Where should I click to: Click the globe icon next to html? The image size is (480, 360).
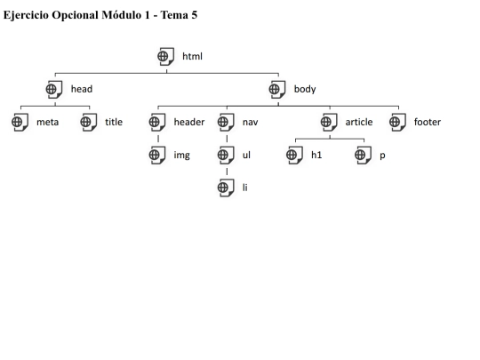pos(166,56)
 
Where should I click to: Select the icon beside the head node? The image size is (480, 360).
pos(54,90)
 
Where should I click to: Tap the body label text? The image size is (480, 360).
pos(305,89)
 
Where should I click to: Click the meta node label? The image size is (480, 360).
pos(47,122)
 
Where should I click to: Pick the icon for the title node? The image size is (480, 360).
pos(89,122)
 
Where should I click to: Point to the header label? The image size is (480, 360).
pos(189,122)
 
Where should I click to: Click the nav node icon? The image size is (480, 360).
pos(226,122)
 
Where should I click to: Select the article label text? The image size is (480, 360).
pos(359,122)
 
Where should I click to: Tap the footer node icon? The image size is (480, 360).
pos(397,122)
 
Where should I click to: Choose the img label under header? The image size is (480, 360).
pos(182,156)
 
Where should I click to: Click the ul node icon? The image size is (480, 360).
pos(226,155)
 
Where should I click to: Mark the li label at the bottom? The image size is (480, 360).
pos(245,188)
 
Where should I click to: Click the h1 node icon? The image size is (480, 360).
pos(294,155)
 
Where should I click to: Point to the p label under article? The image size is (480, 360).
pos(382,156)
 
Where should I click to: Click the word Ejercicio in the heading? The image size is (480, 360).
pos(26,15)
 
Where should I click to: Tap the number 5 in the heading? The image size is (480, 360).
pos(195,15)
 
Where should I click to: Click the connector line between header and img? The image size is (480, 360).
pos(158,139)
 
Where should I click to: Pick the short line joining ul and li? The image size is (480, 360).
pos(227,172)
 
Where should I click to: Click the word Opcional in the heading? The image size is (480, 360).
pos(75,15)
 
